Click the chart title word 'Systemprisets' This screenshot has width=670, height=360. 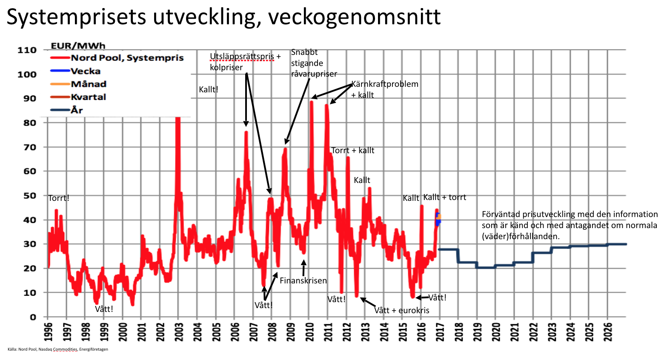(x=77, y=17)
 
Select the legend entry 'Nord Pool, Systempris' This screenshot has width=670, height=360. (x=127, y=58)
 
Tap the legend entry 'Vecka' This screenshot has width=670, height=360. (x=86, y=71)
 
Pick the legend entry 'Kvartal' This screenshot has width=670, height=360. (x=88, y=97)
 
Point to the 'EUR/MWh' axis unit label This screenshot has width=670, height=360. (x=78, y=46)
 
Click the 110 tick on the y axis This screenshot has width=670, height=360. (x=27, y=50)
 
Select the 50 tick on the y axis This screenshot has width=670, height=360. (x=29, y=196)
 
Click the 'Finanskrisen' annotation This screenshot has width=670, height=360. (x=303, y=280)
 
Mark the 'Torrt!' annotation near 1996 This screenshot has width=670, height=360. (x=59, y=198)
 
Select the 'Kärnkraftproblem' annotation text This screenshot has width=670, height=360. (x=385, y=84)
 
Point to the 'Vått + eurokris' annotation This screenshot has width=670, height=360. (x=401, y=310)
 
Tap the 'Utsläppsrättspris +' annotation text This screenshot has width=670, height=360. (x=245, y=56)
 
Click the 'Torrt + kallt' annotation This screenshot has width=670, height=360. (x=352, y=150)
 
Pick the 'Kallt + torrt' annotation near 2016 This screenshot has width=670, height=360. (x=444, y=197)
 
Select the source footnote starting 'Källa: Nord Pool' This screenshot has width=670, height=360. (x=58, y=349)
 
